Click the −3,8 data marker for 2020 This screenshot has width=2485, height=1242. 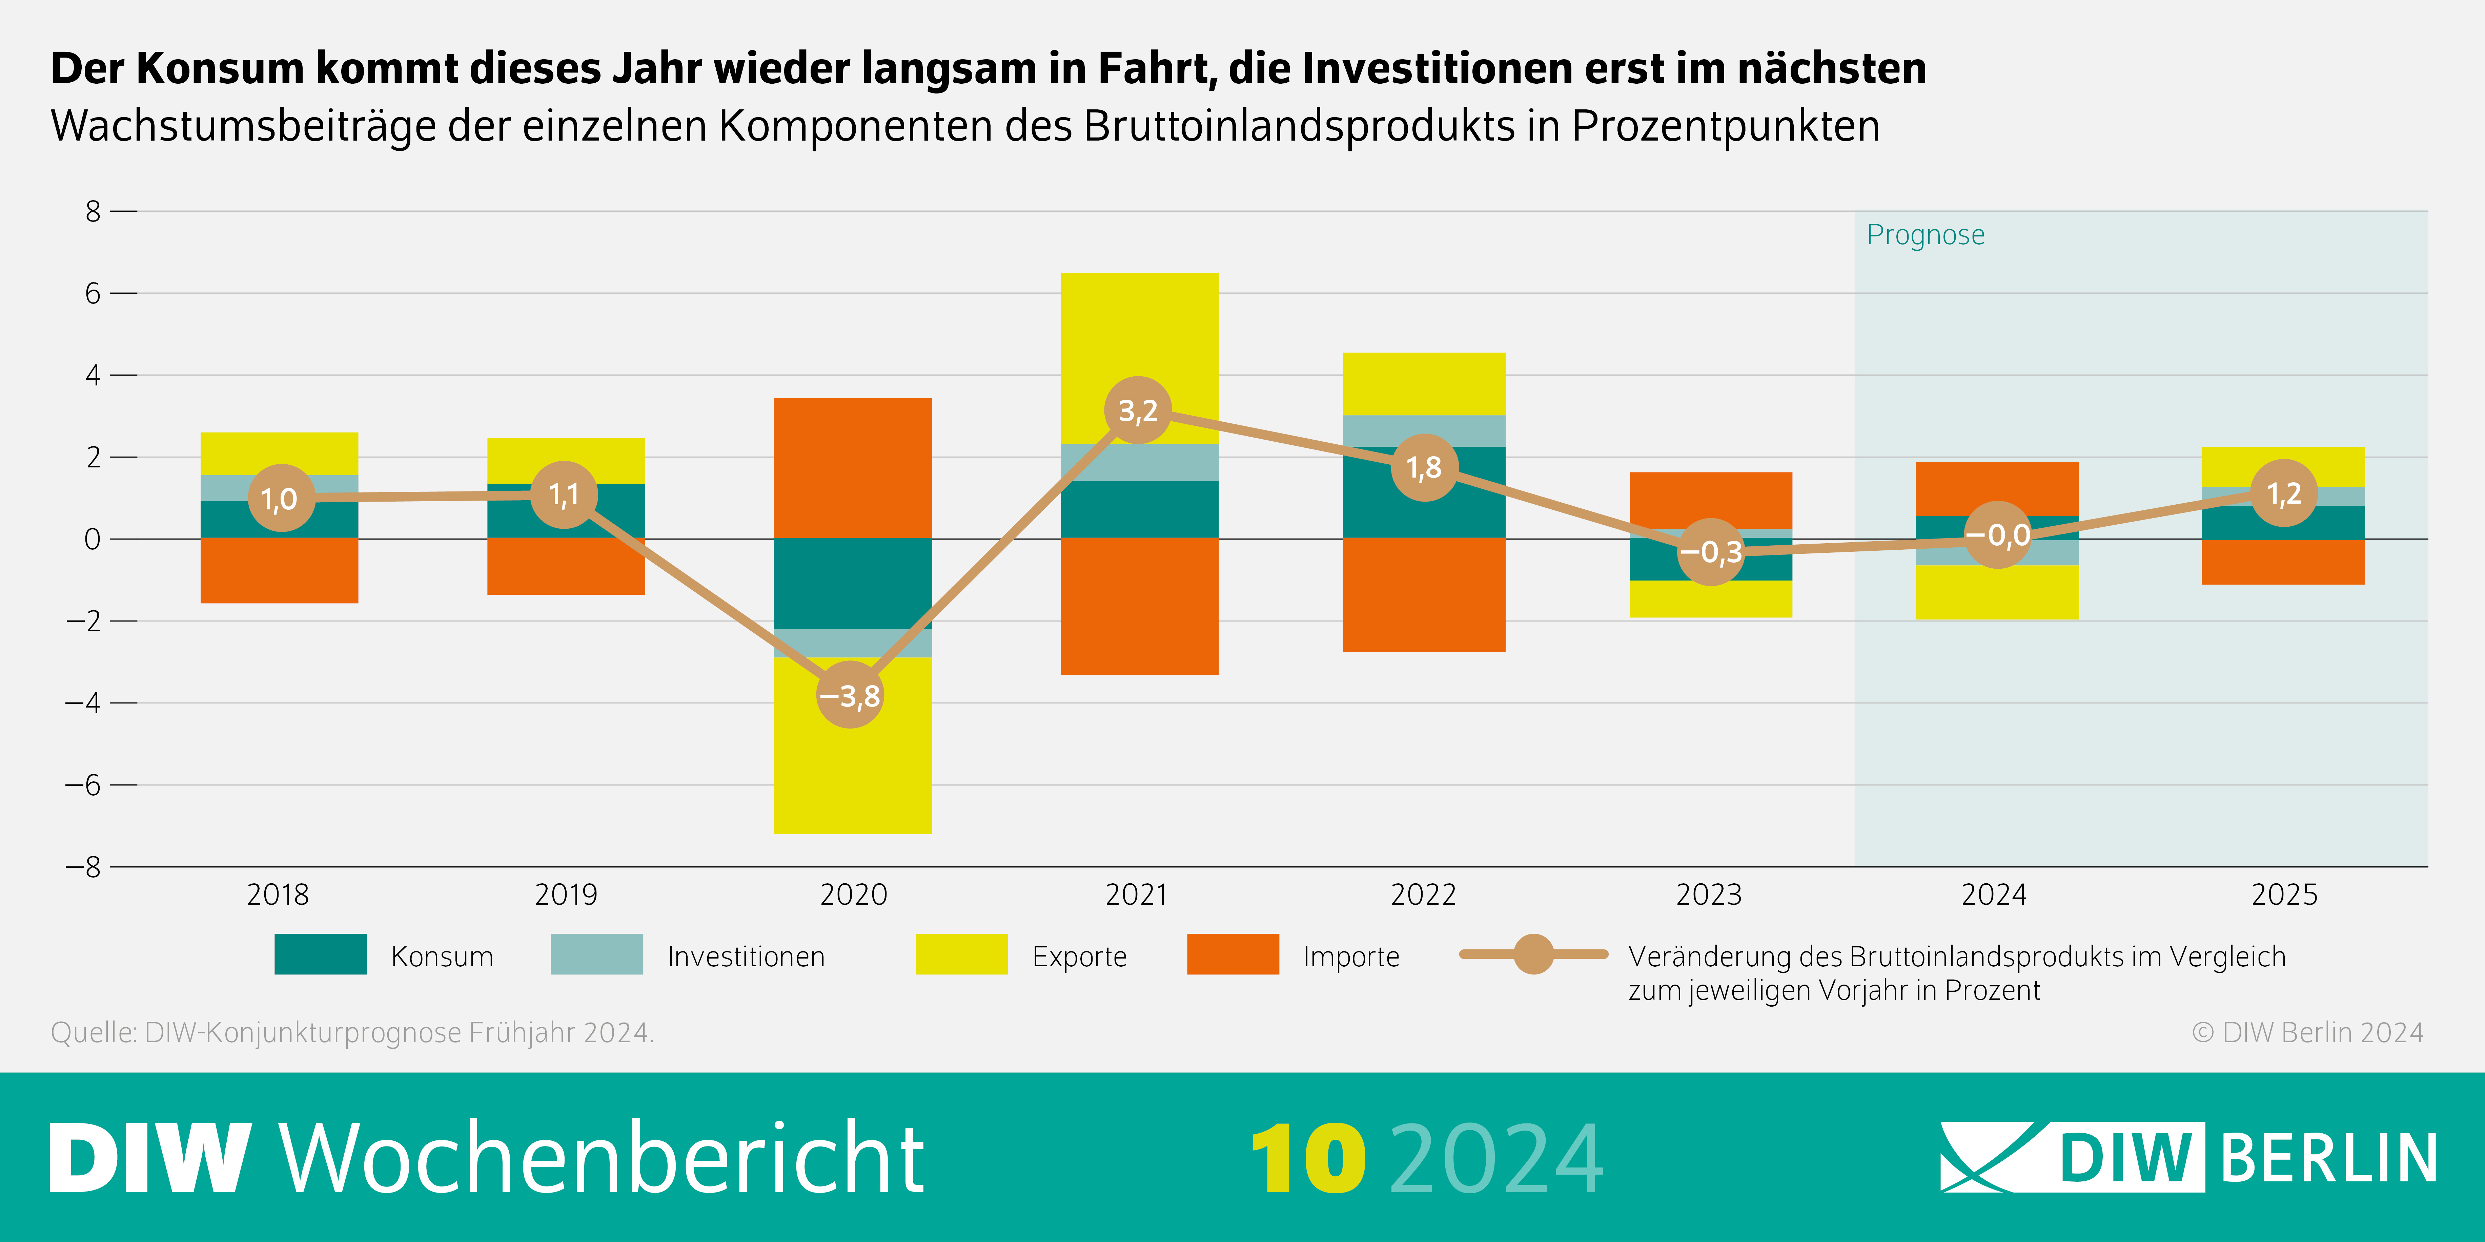[x=850, y=694]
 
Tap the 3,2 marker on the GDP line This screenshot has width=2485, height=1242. [x=1138, y=411]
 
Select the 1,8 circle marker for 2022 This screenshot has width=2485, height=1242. [x=1424, y=468]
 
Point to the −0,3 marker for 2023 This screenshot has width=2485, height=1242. [x=1710, y=552]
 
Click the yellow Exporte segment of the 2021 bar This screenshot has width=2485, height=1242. [x=1139, y=328]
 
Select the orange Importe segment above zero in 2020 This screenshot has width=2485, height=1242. [x=853, y=468]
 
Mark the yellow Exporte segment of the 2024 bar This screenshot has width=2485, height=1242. [x=1997, y=592]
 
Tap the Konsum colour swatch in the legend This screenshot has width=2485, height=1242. [x=320, y=955]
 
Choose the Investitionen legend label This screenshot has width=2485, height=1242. [x=746, y=956]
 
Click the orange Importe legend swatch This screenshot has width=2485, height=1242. [x=1233, y=955]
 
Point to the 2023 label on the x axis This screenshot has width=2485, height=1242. [x=1708, y=895]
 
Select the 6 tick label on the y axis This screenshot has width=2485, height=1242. [x=93, y=293]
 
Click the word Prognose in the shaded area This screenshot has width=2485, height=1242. [x=1926, y=235]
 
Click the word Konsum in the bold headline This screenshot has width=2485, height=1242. [x=220, y=68]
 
